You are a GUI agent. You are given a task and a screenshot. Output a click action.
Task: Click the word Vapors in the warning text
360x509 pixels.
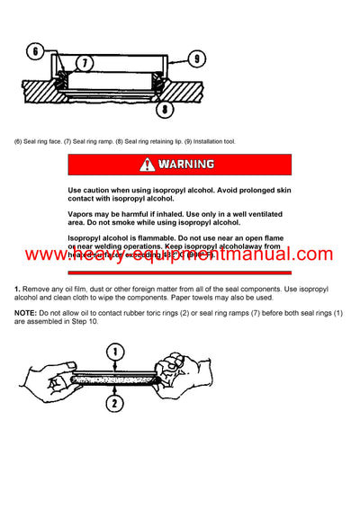point(82,213)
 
